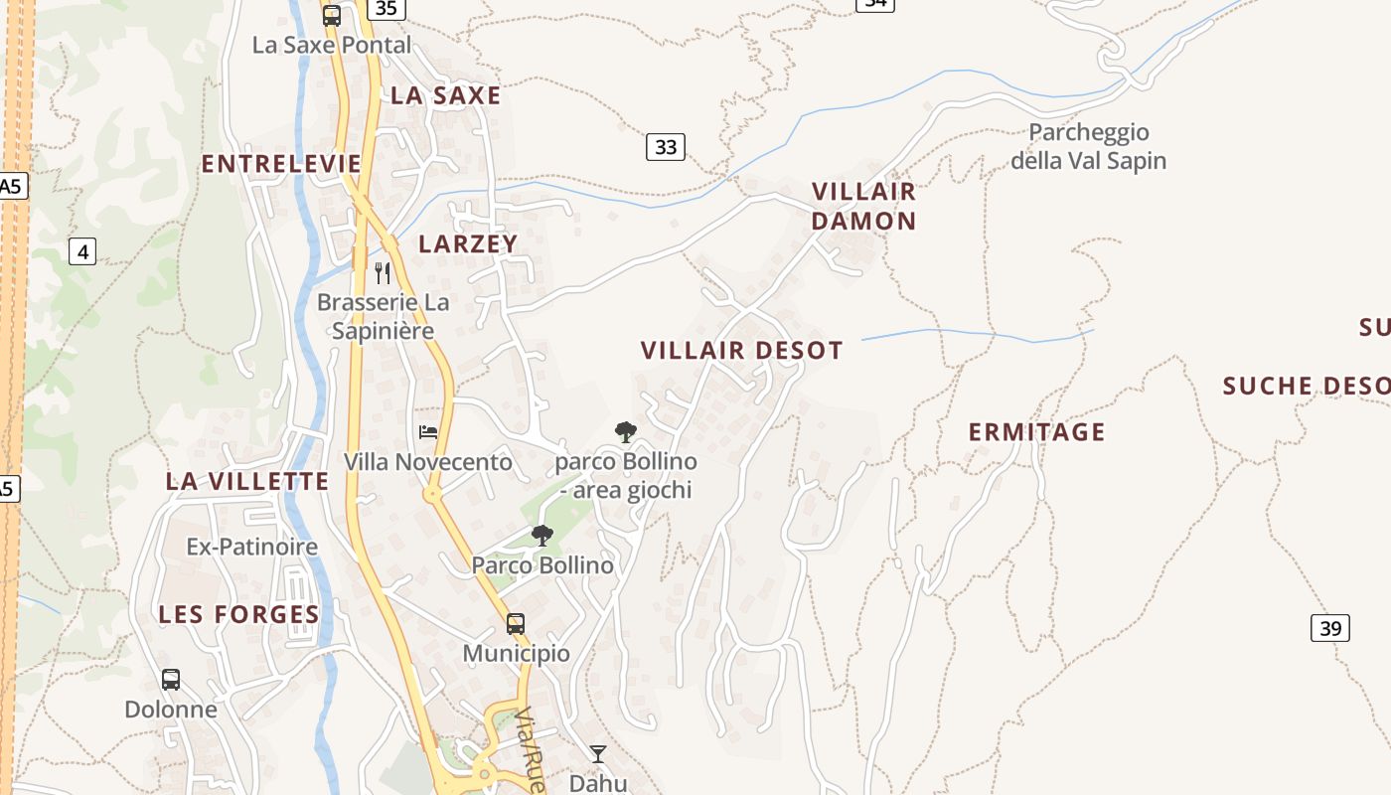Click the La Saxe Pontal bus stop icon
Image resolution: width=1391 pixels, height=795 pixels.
332,16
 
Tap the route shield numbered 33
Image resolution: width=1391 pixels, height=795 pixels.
666,147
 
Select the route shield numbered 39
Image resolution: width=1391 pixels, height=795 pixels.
1330,628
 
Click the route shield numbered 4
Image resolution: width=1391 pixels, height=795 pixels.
82,252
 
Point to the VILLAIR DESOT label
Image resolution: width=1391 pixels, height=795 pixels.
741,350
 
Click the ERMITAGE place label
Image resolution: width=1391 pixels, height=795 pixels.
1036,431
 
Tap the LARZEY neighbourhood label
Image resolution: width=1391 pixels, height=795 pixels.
468,243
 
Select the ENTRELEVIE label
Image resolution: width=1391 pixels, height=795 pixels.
281,164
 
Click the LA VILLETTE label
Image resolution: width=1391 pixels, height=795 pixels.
247,481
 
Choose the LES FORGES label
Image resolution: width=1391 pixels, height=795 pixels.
239,614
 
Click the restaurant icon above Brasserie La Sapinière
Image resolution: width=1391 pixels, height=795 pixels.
383,272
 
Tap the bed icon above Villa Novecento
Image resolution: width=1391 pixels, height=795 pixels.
428,432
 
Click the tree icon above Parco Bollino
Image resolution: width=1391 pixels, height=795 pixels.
542,536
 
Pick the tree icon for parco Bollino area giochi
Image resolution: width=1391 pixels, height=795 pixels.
626,431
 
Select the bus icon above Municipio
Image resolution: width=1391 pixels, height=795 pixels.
516,624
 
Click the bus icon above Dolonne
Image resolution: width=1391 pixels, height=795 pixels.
171,680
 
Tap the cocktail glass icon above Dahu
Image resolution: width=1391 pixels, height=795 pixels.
598,754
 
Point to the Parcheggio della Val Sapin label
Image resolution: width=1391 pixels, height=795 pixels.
1088,146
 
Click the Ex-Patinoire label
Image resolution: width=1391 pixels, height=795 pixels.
252,547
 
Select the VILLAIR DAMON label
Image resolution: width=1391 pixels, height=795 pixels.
863,206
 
